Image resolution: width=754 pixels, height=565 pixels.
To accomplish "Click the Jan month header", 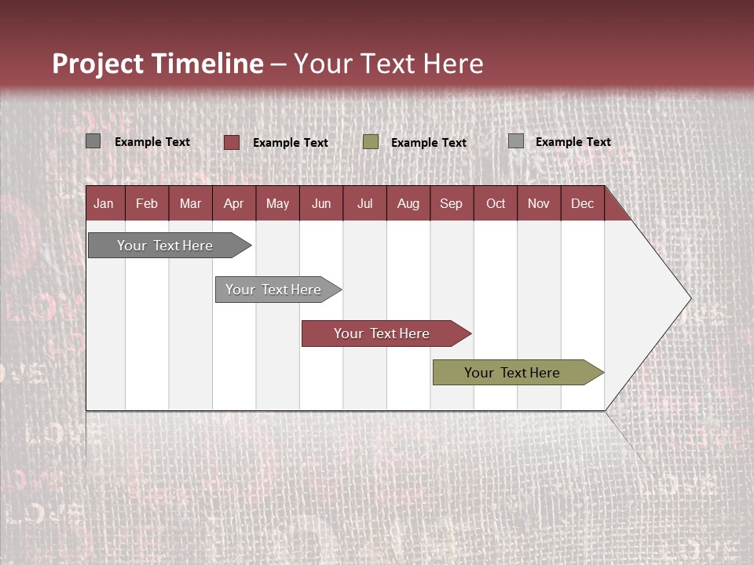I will click(104, 203).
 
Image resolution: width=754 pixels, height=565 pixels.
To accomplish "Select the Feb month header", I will click(147, 203).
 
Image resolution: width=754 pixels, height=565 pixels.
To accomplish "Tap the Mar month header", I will click(190, 203).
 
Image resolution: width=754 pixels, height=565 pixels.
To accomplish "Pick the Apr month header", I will click(233, 203).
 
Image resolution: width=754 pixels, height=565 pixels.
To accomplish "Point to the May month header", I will click(277, 203).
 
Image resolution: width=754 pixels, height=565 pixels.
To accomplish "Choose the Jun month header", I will click(321, 203).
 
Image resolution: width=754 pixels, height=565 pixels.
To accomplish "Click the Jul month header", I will click(364, 203).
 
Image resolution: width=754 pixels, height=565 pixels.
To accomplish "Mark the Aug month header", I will click(408, 203).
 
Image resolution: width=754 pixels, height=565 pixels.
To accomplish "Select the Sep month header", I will click(451, 203).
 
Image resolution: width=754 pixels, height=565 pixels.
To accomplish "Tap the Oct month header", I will click(496, 203).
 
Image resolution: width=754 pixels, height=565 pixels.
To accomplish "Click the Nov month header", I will click(539, 203).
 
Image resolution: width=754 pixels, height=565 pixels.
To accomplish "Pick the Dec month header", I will click(582, 203).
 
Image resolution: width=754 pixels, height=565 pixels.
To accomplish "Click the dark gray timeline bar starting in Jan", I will click(165, 246).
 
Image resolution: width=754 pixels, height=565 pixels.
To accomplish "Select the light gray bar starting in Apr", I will click(273, 290).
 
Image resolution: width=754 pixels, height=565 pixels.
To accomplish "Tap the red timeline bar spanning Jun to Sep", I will click(382, 334).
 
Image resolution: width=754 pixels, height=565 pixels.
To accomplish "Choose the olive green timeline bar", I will click(512, 373).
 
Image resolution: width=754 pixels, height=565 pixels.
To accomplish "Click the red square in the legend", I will click(232, 142).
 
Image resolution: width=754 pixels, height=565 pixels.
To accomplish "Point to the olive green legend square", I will click(371, 142).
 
